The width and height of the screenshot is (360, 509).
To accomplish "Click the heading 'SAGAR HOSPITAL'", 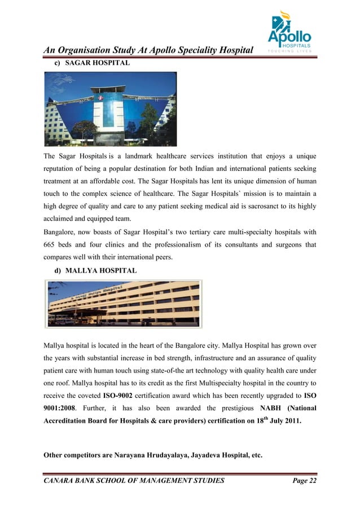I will [98, 64].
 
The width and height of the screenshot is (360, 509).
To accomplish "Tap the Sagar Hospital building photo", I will [111, 109].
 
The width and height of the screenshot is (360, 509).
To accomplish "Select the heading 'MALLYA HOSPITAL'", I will [101, 271].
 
